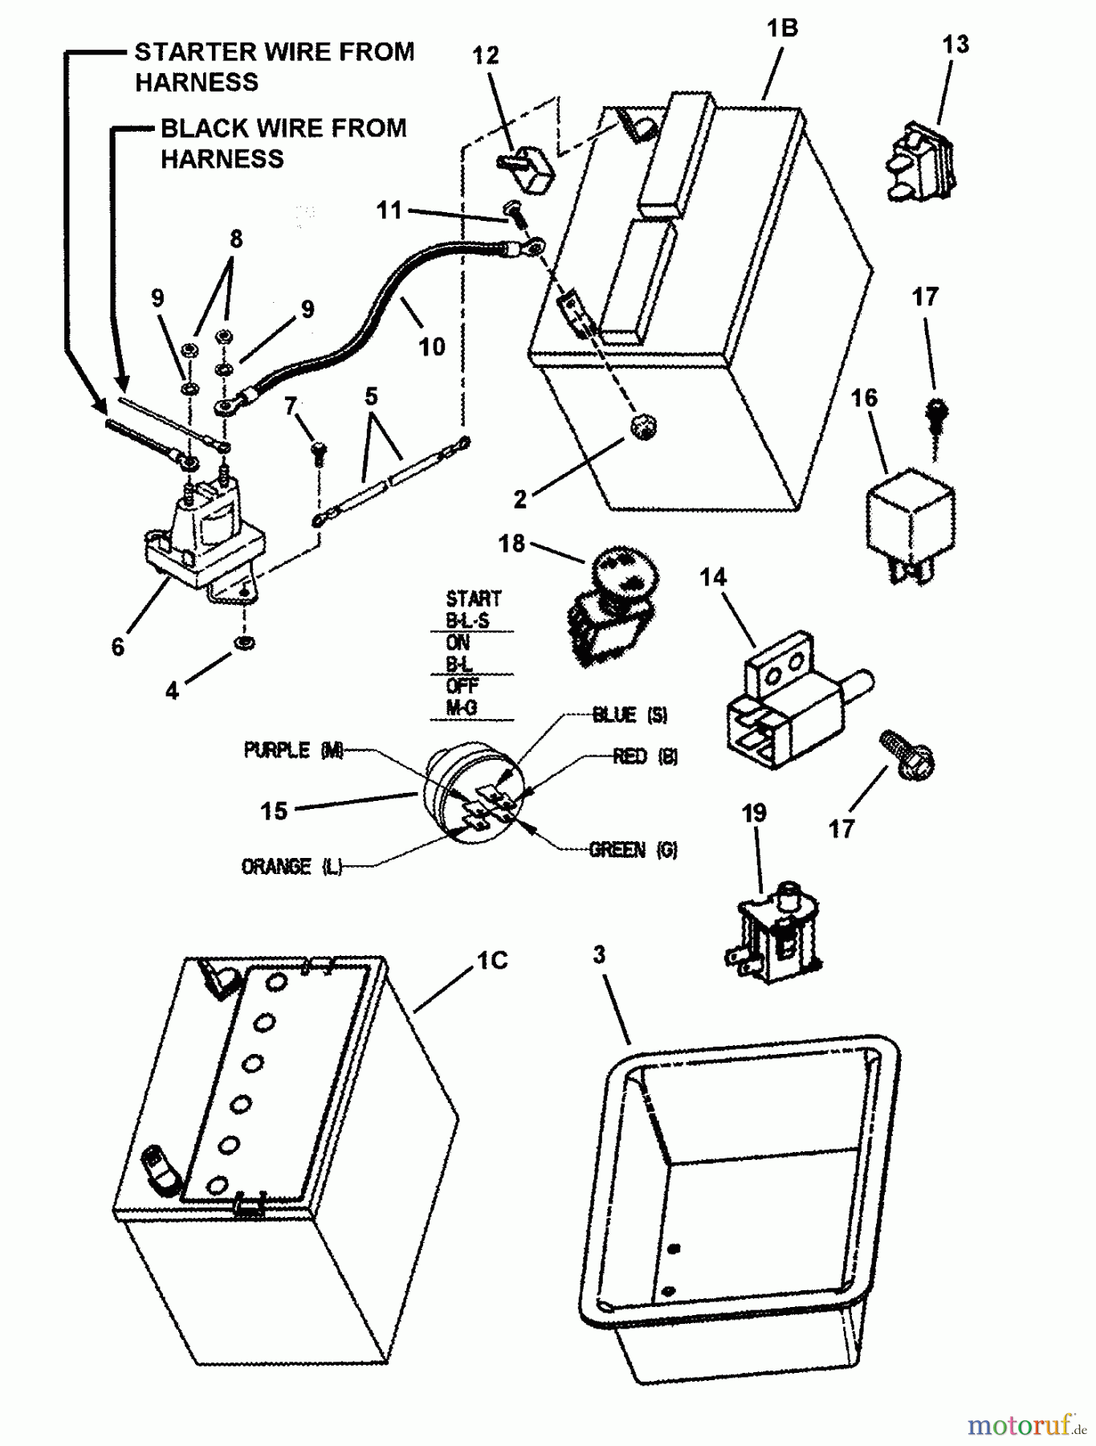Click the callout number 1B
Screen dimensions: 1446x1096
click(x=781, y=29)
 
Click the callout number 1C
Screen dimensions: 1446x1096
click(x=492, y=961)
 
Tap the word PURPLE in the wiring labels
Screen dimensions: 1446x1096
click(x=277, y=750)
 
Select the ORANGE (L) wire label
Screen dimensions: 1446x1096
click(x=291, y=867)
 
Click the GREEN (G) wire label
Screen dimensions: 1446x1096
click(x=633, y=850)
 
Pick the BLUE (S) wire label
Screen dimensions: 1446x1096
click(x=629, y=715)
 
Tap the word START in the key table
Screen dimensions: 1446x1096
click(x=473, y=599)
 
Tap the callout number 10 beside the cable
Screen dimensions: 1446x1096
click(x=431, y=347)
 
